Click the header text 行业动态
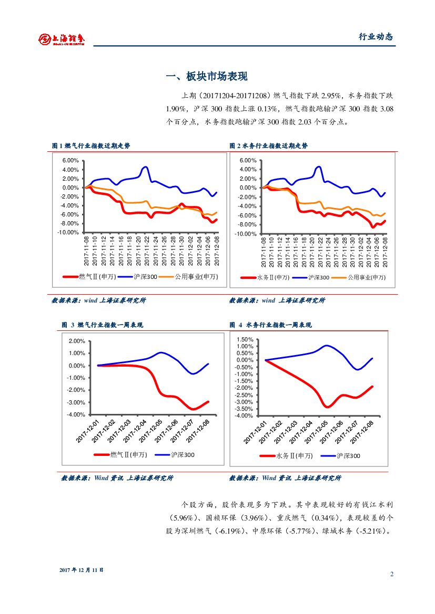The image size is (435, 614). pyautogui.click(x=376, y=37)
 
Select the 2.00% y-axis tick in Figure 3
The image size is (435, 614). pyautogui.click(x=77, y=341)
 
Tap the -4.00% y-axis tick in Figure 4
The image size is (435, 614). pyautogui.click(x=245, y=416)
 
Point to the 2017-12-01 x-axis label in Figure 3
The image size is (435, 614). pyautogui.click(x=89, y=430)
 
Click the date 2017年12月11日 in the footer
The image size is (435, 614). pyautogui.click(x=82, y=570)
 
